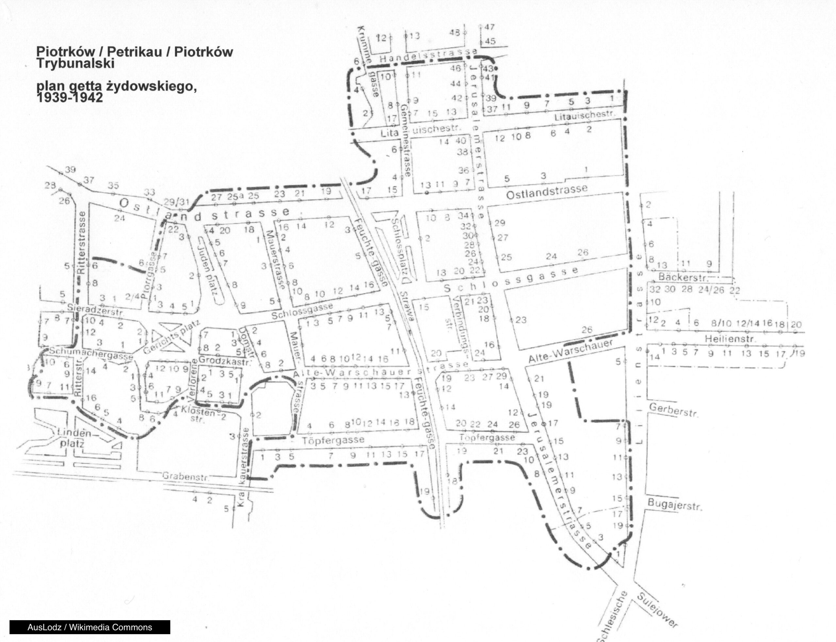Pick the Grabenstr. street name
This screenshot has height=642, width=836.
point(186,477)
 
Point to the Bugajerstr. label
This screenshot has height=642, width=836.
point(674,505)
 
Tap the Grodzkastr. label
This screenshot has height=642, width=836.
point(226,360)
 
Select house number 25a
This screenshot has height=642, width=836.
point(235,196)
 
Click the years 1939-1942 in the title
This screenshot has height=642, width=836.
point(70,98)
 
